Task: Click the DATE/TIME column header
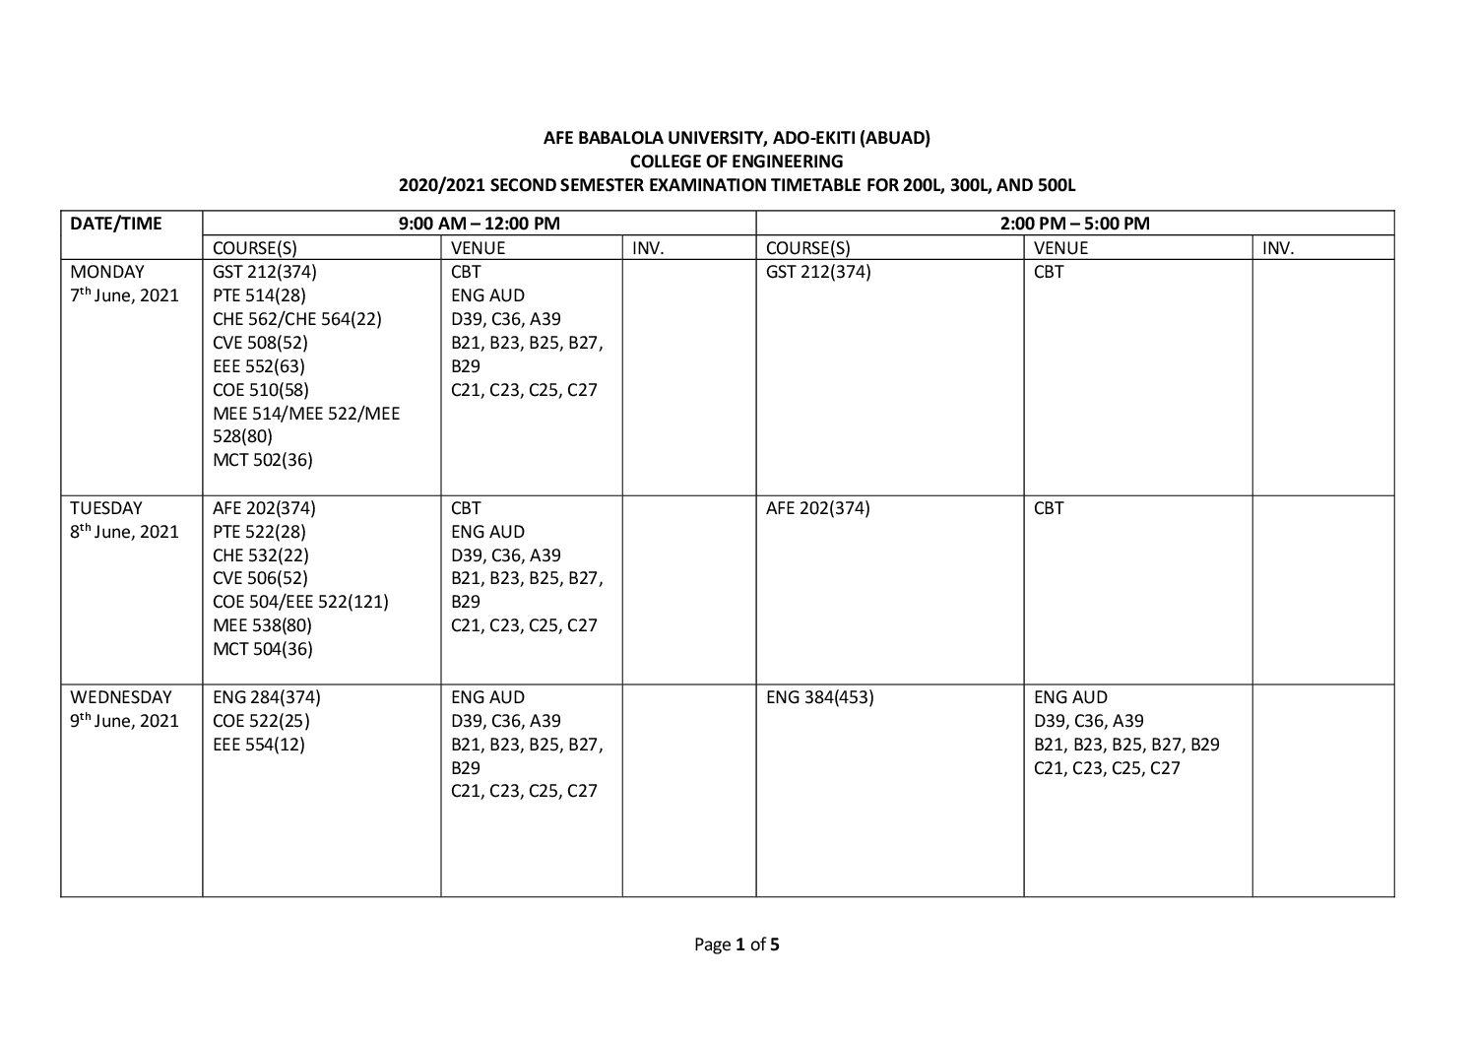point(115,224)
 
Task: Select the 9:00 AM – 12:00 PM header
point(479,224)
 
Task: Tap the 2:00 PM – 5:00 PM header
point(1074,224)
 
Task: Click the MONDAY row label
point(107,272)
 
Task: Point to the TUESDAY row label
point(106,508)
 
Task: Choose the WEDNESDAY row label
point(120,697)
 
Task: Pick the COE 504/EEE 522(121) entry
point(300,602)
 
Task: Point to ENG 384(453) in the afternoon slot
point(819,697)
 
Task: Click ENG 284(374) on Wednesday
point(267,697)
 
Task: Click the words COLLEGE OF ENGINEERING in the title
point(737,162)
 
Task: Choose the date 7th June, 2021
point(124,295)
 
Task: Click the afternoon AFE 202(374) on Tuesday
point(817,508)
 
